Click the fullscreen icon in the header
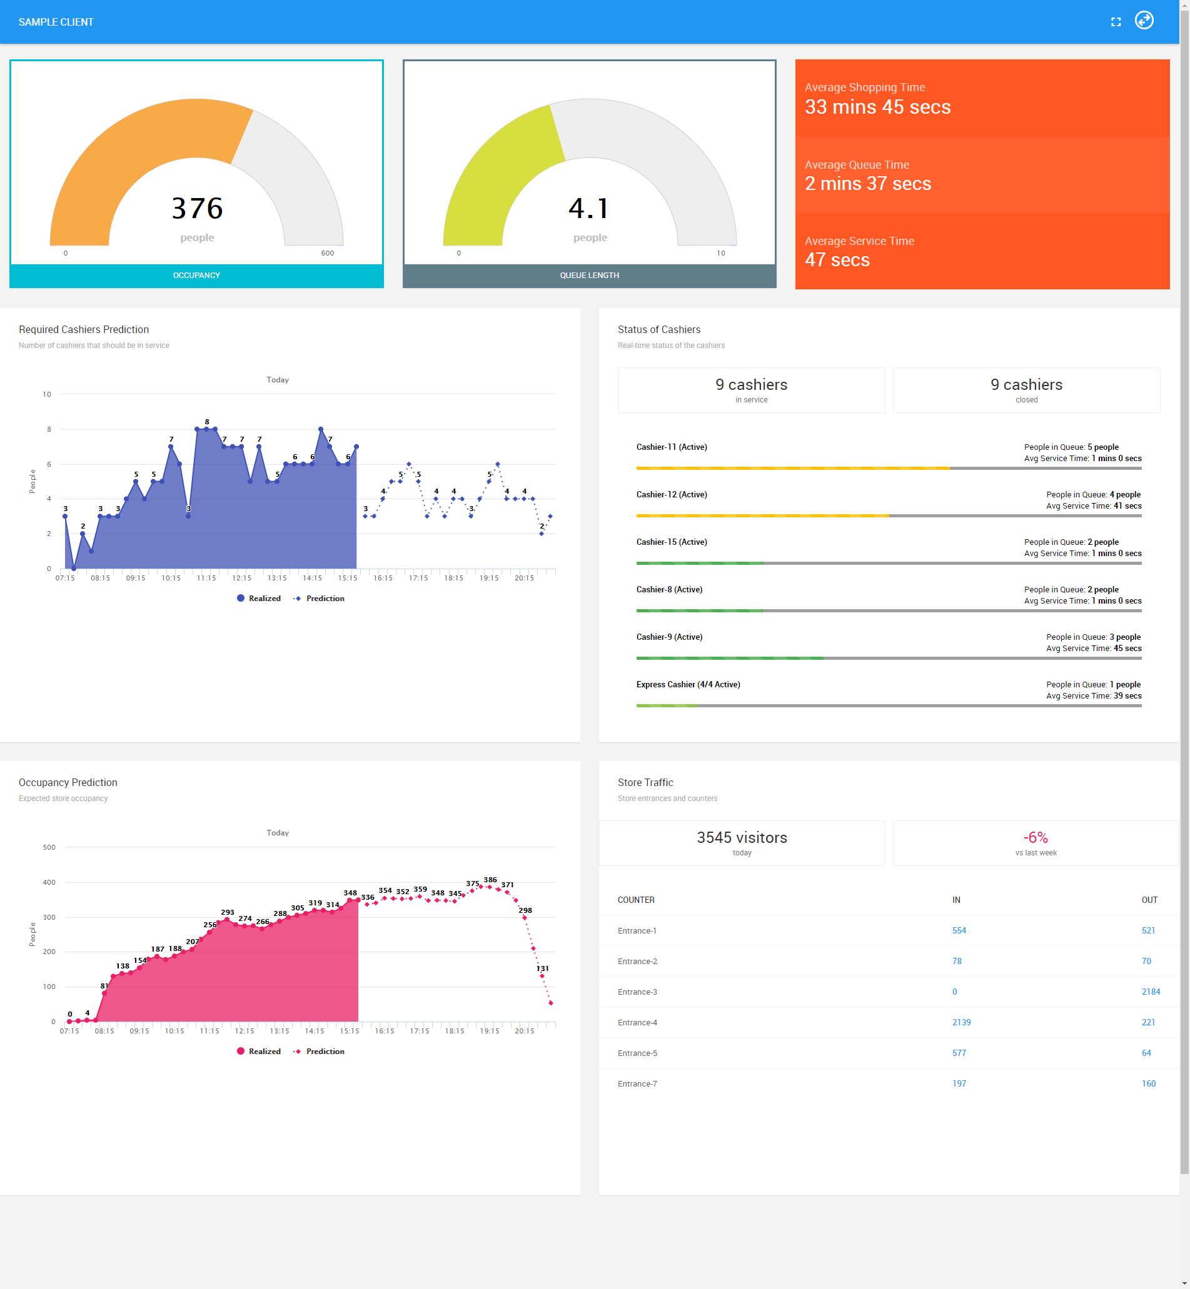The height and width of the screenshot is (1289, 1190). coord(1116,22)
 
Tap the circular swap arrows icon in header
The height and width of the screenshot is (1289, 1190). coord(1144,21)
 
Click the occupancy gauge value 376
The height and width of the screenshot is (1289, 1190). coord(197,209)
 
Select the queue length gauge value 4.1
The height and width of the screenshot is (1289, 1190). coord(588,209)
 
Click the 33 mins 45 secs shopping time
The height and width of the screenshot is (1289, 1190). coord(877,107)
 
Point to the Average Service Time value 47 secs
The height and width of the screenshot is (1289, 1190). coord(837,260)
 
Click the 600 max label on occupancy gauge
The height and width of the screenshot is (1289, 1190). coord(327,253)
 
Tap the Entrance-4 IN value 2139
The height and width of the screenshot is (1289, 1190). coord(961,1022)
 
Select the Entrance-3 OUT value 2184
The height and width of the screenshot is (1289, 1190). coord(1150,992)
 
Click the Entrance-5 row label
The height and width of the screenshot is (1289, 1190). coord(637,1053)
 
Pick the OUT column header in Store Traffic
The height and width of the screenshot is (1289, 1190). coord(1149,900)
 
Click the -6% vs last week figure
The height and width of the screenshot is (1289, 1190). coord(1036,837)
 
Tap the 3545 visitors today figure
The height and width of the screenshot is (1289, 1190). coord(742,837)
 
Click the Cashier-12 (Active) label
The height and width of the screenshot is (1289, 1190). coord(671,494)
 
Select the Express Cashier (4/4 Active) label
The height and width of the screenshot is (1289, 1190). coord(688,684)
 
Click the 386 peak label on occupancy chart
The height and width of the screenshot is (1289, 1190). coord(490,880)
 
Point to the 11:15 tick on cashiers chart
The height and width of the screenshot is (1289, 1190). coord(206,578)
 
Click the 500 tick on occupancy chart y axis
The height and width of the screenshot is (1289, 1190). coord(49,847)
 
